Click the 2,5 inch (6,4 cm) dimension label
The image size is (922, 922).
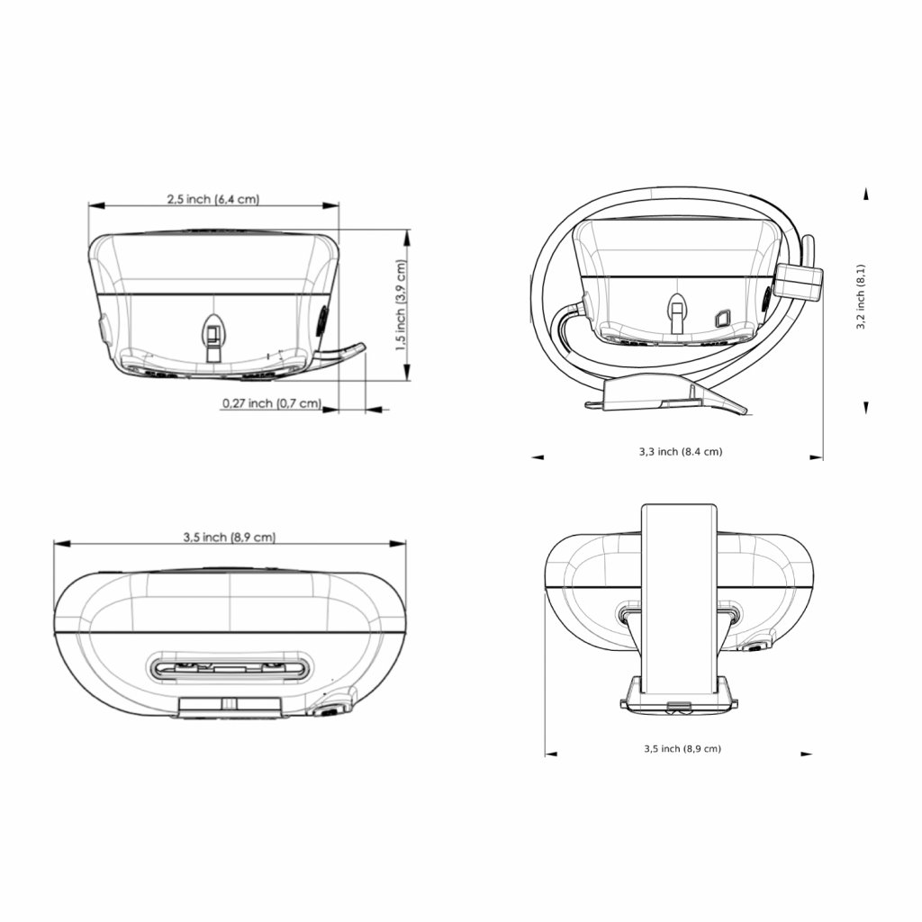click(x=212, y=199)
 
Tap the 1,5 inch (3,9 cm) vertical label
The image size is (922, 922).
click(x=401, y=305)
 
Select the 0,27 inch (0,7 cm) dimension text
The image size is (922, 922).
click(x=272, y=403)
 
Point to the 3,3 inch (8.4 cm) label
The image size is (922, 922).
click(x=681, y=452)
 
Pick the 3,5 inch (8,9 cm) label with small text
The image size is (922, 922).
click(x=682, y=748)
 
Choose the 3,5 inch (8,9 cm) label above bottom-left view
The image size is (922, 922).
click(x=230, y=537)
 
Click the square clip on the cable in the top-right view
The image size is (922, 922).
click(x=799, y=280)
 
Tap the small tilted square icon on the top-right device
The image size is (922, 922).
click(x=721, y=319)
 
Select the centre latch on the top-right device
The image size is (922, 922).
click(x=677, y=312)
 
